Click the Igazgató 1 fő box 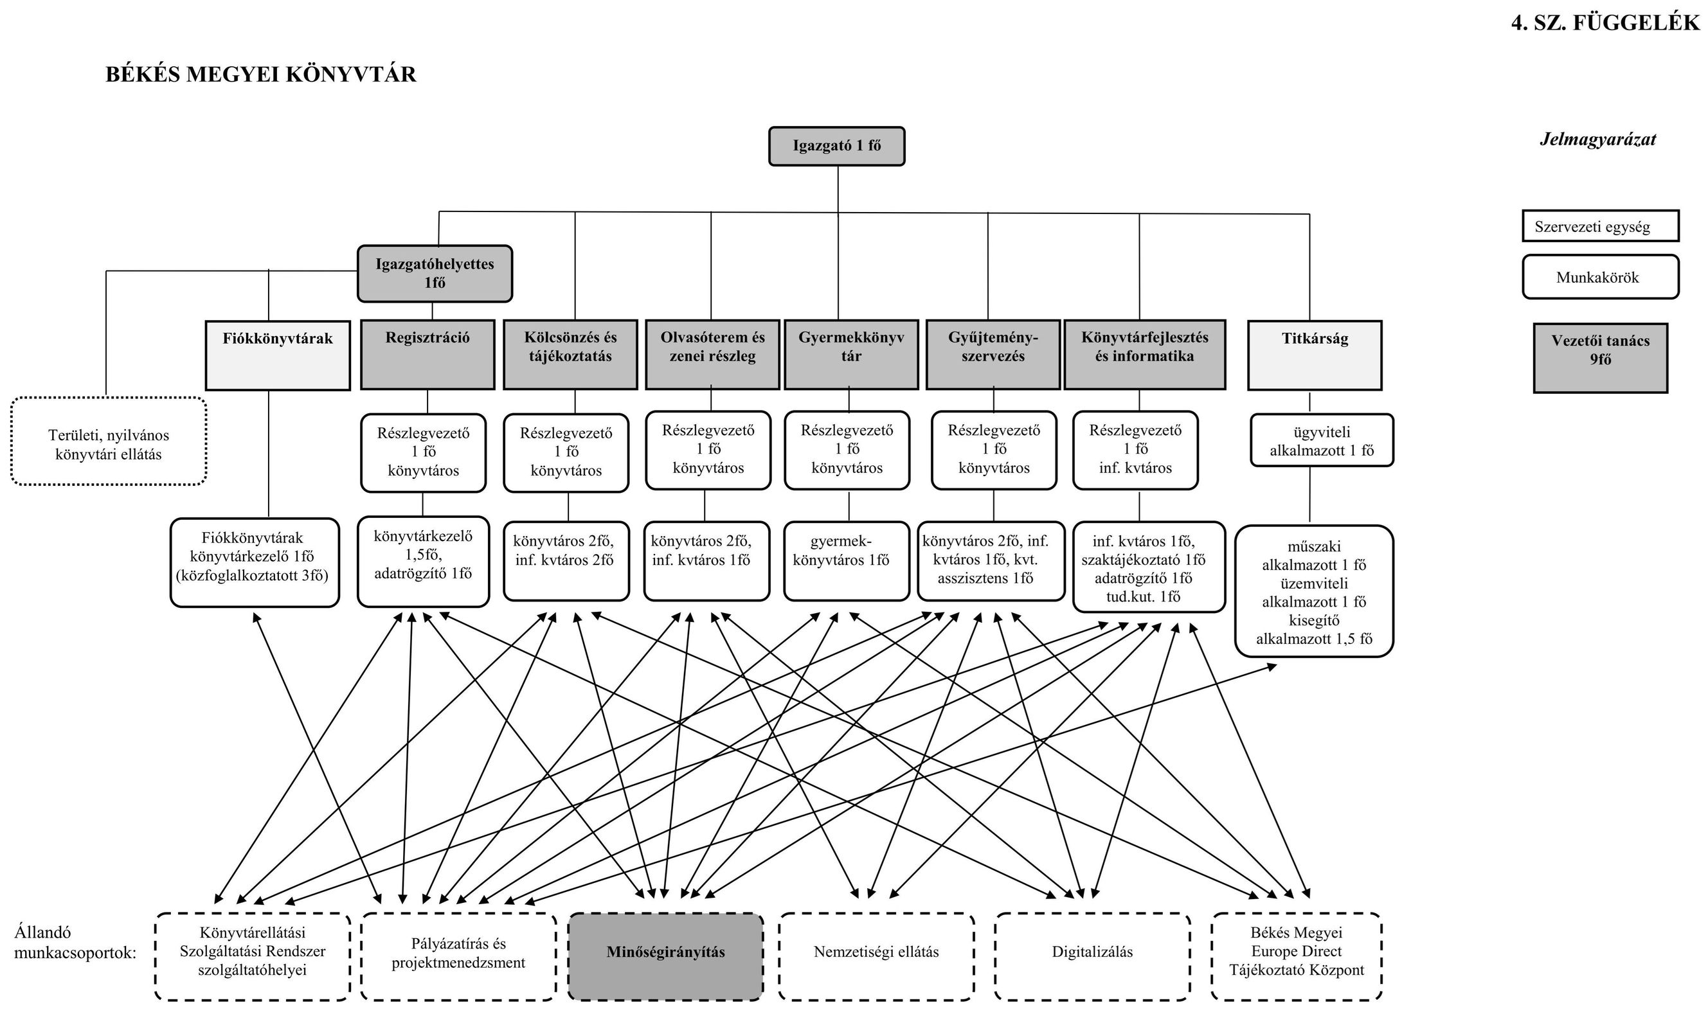836,146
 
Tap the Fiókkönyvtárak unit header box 277,355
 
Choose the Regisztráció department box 427,354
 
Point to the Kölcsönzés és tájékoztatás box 570,354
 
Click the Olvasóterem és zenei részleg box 712,354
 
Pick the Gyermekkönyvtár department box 850,354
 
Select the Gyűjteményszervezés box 993,354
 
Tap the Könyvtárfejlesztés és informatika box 1144,354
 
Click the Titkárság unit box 1314,355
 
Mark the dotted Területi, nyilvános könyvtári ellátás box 108,441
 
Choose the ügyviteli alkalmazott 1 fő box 1321,440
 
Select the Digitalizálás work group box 1092,956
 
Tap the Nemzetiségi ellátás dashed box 876,956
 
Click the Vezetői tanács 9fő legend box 1600,357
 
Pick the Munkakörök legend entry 1600,277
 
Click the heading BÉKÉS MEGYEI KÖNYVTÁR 260,75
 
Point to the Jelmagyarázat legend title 1597,139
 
